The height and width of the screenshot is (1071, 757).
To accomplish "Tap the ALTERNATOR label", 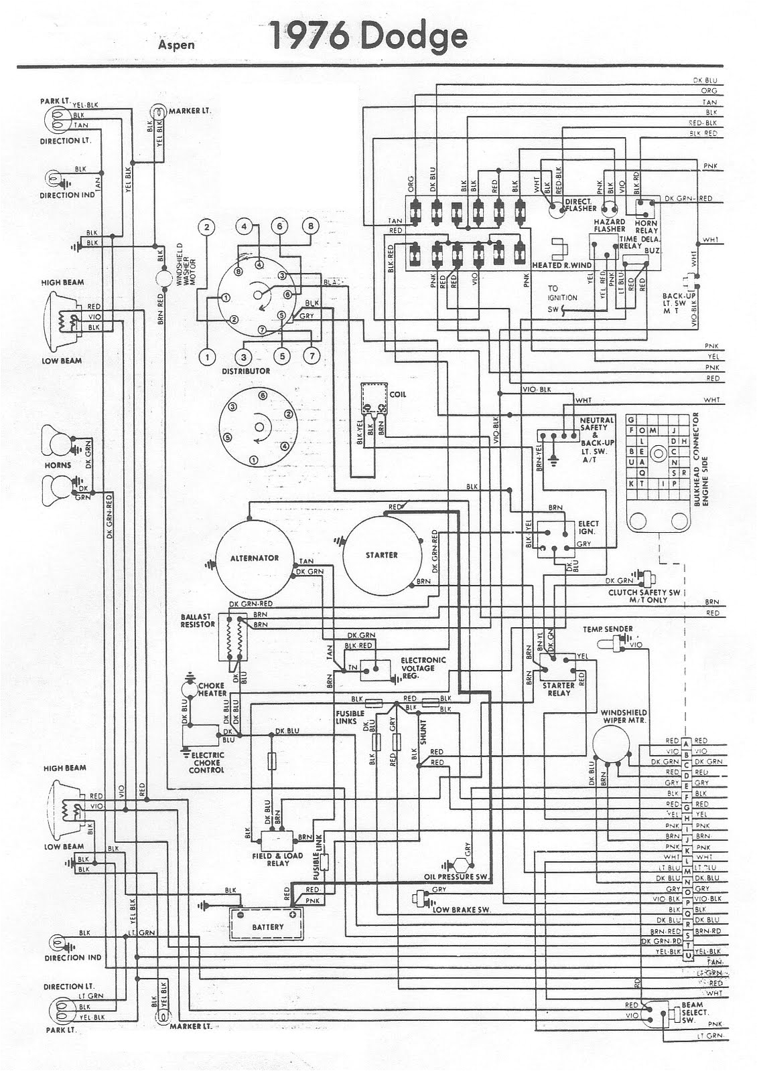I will pos(255,558).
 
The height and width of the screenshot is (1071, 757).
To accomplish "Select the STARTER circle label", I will pos(382,555).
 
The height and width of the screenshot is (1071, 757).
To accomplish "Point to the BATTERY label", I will pos(268,927).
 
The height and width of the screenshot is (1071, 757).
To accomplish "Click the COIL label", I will pos(398,394).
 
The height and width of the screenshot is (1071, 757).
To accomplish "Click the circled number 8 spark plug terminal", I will pos(309,226).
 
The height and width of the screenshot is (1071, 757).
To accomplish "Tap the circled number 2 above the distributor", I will pos(208,226).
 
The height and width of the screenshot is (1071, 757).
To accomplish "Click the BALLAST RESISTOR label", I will pos(198,621).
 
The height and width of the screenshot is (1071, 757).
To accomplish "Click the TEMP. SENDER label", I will pos(608,629).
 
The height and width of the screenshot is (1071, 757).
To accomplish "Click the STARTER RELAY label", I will pos(559,689).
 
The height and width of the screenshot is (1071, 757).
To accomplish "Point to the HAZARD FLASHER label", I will pos(610,225).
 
